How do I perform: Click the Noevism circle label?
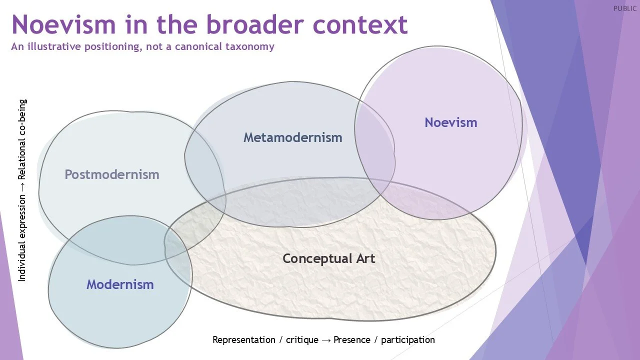pyautogui.click(x=450, y=122)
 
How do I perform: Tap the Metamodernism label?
pyautogui.click(x=292, y=137)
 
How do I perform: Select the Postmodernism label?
pyautogui.click(x=111, y=174)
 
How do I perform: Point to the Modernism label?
pyautogui.click(x=120, y=284)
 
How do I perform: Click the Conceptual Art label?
pyautogui.click(x=328, y=258)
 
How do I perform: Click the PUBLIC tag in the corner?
pyautogui.click(x=625, y=8)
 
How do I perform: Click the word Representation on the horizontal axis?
pyautogui.click(x=244, y=340)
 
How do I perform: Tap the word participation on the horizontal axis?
pyautogui.click(x=408, y=340)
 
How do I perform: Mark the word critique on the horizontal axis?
pyautogui.click(x=302, y=340)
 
